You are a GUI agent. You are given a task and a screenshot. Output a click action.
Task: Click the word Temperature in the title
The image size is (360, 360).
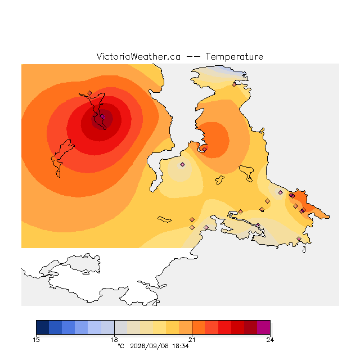pos(234,57)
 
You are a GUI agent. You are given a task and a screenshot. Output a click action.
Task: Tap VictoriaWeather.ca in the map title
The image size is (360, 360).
pos(138,57)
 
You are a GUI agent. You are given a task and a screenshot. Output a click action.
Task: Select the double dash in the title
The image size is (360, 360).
pos(193,57)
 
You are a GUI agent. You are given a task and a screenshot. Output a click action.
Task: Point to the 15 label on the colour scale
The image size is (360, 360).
pos(36,340)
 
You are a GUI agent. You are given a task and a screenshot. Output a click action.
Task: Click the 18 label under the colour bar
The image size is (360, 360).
pos(114,340)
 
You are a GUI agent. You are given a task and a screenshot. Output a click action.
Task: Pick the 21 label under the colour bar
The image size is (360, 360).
pos(192,340)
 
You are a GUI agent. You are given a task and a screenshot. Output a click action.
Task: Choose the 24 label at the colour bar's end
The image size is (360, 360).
pos(270,340)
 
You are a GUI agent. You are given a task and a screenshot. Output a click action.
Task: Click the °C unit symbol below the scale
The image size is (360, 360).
pos(121,346)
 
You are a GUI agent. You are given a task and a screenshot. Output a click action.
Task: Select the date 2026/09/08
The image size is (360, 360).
pos(149,346)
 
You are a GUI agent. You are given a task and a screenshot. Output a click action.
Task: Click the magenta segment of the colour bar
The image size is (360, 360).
pos(264,327)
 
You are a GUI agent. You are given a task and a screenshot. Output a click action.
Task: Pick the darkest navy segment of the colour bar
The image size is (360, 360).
pos(43,327)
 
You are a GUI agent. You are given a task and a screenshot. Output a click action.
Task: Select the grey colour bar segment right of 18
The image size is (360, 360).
pos(121,327)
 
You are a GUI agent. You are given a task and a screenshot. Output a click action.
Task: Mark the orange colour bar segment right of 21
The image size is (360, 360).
pos(199,327)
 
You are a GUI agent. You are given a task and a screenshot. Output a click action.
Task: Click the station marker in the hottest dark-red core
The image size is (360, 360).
pos(102,116)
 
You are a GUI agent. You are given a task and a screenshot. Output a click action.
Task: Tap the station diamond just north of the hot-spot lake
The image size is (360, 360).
pos(90,93)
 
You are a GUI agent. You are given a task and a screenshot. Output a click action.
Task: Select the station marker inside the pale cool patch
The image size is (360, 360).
pos(182,164)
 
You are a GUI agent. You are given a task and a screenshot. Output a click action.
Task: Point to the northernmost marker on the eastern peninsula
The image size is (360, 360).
pos(234,84)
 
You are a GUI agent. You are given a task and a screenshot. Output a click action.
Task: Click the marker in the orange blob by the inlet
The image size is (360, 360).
pos(204,149)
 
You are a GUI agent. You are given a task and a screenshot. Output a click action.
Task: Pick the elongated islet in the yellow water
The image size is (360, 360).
pos(164,219)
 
